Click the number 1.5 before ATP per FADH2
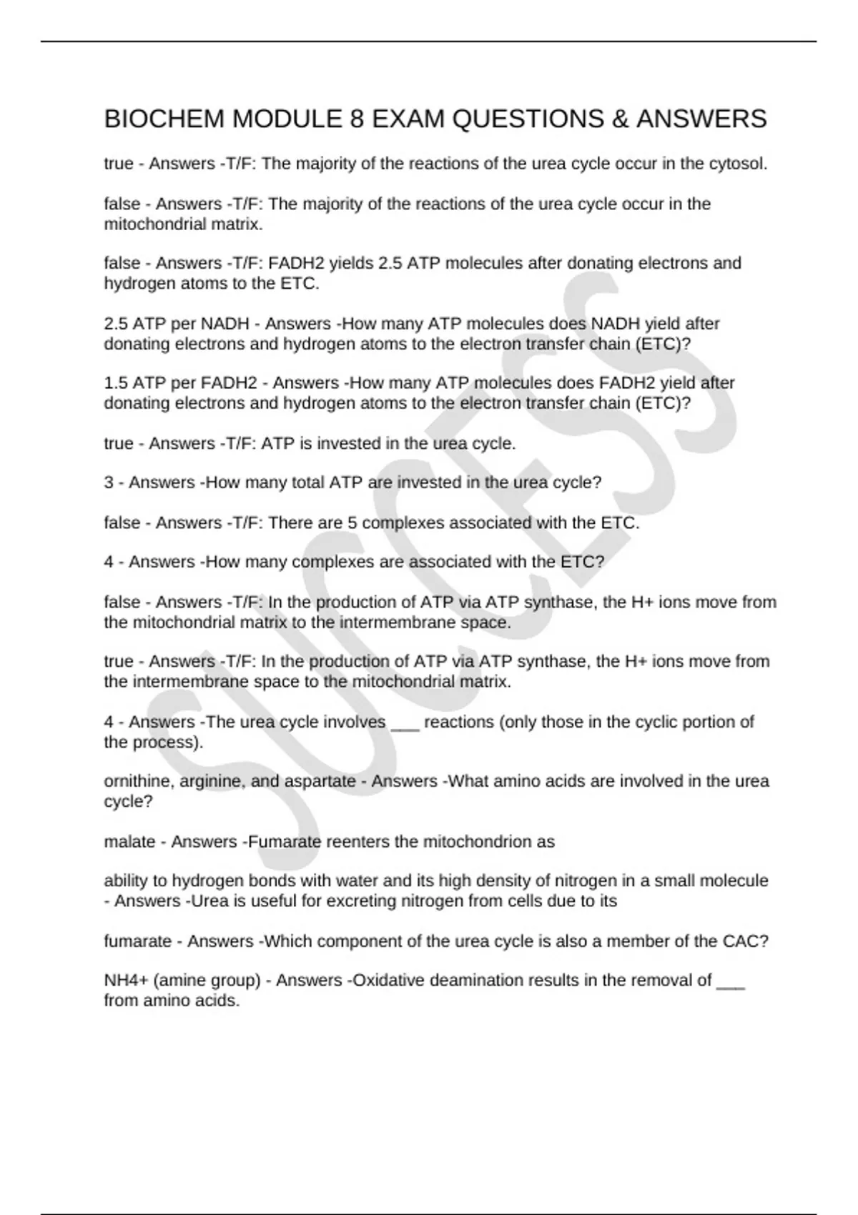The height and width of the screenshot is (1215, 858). (116, 383)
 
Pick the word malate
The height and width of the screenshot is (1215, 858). (129, 842)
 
